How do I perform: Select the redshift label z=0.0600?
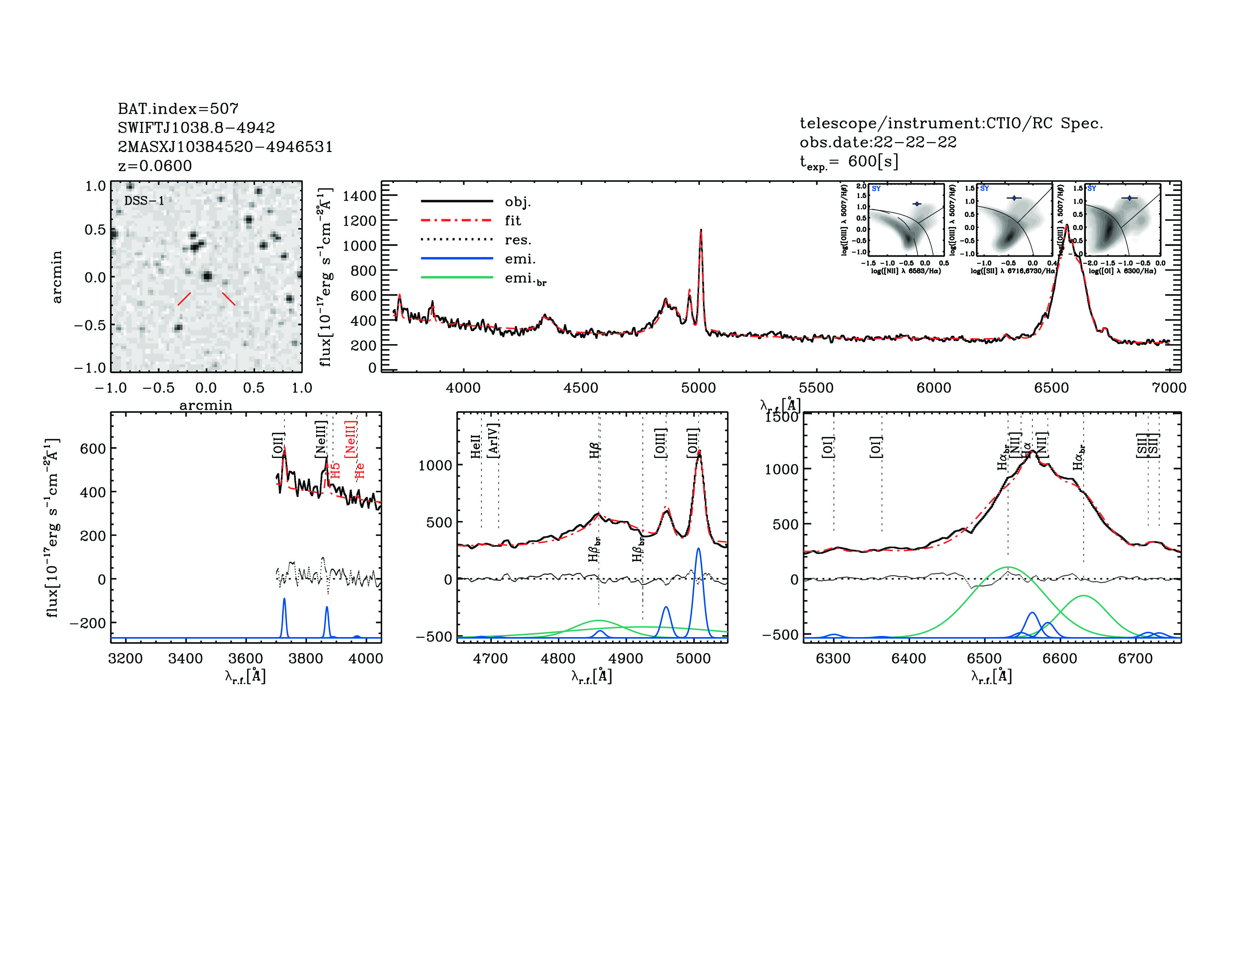tap(155, 166)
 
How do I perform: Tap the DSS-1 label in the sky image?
tap(144, 201)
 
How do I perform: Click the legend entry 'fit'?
tap(512, 220)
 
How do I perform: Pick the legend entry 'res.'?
tap(517, 239)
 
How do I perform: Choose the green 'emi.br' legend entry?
tap(525, 279)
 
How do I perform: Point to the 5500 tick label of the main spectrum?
tap(816, 388)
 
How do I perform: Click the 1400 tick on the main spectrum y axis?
tap(359, 196)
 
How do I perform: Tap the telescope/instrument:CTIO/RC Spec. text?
tap(951, 123)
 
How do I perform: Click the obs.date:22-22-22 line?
tap(877, 142)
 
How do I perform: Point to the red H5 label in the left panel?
tap(336, 470)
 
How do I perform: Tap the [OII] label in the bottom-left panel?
tap(278, 445)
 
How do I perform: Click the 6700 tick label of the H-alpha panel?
tap(1135, 659)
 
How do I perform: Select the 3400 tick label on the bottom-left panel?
tap(185, 659)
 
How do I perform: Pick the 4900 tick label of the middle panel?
tap(625, 659)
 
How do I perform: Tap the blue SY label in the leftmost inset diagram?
tap(876, 189)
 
